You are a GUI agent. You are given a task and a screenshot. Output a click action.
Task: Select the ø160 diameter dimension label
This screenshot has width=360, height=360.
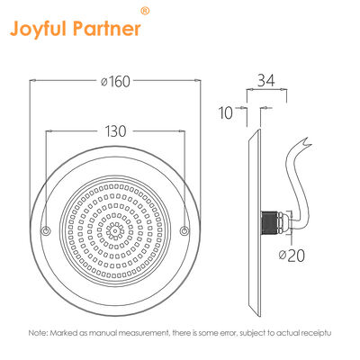coord(113,82)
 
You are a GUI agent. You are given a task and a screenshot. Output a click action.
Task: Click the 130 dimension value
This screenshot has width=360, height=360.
coord(114,130)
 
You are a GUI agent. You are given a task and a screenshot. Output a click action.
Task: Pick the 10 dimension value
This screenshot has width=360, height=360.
coord(225,112)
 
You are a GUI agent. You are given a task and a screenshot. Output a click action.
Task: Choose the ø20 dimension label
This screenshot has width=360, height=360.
coord(290,256)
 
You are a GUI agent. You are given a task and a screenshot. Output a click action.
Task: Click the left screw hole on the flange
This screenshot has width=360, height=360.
coord(46,232)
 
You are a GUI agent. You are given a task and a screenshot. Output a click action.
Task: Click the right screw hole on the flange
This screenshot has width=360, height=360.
coord(184,232)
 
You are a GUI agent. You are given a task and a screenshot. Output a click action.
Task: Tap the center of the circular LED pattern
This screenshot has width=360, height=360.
coord(114,231)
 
